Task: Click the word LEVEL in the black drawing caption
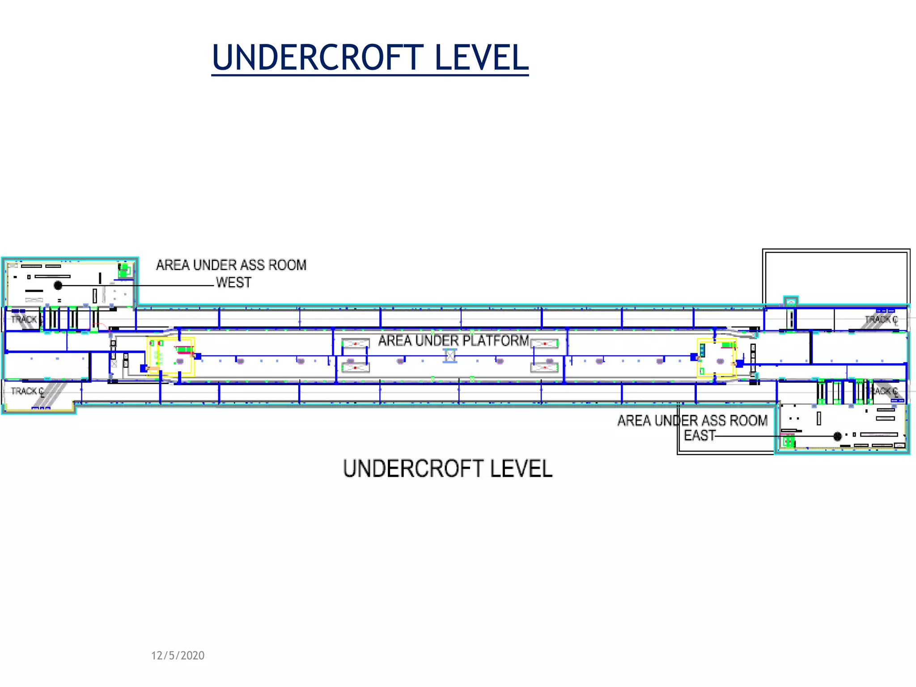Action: click(x=521, y=469)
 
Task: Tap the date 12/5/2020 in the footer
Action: click(x=178, y=656)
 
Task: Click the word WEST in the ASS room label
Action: click(x=233, y=283)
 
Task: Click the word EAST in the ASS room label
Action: click(x=700, y=435)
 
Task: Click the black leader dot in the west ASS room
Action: click(x=58, y=285)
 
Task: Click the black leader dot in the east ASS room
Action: click(x=838, y=436)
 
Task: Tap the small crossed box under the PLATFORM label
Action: click(x=450, y=356)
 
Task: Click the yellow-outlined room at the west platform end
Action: click(x=170, y=357)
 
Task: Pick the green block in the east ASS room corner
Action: click(x=789, y=442)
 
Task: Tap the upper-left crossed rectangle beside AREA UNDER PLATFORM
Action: click(x=356, y=343)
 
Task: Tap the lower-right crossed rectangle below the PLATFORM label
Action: click(x=544, y=368)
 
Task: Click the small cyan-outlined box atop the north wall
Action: click(x=791, y=301)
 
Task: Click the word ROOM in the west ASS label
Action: click(x=287, y=265)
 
